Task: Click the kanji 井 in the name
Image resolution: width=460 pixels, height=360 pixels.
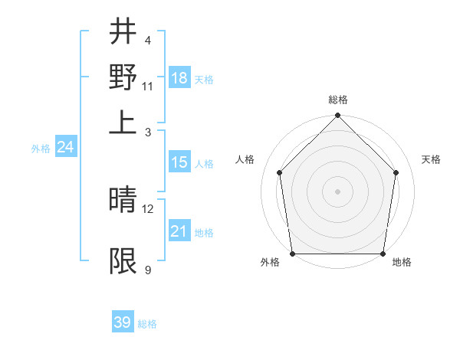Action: [123, 33]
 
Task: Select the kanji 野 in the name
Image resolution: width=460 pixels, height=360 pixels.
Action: [123, 77]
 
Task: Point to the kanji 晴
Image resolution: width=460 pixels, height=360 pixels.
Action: [123, 201]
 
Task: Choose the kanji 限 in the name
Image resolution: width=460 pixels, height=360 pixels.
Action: [123, 261]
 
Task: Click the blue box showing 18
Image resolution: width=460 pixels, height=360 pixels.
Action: [179, 78]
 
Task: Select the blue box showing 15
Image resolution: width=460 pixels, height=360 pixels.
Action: [179, 162]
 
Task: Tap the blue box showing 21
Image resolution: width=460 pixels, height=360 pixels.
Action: [179, 231]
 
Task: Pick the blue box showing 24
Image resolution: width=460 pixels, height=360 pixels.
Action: [65, 147]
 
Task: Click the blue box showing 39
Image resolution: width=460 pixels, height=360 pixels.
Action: [123, 322]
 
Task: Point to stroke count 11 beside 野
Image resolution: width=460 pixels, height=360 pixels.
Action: [148, 86]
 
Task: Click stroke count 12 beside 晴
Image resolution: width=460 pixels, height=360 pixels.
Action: [148, 208]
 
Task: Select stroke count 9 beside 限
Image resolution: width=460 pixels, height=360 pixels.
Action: [148, 270]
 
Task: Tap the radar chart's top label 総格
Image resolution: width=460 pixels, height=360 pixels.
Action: [338, 100]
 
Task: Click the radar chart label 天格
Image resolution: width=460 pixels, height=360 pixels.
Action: [432, 159]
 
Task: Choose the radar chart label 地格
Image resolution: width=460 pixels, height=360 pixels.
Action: [402, 262]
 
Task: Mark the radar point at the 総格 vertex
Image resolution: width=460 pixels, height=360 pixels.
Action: [338, 116]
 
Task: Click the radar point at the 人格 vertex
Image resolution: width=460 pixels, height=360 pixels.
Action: [280, 172]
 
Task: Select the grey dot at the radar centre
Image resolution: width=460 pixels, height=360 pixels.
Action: [338, 191]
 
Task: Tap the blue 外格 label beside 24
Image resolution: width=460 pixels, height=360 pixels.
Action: [41, 149]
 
